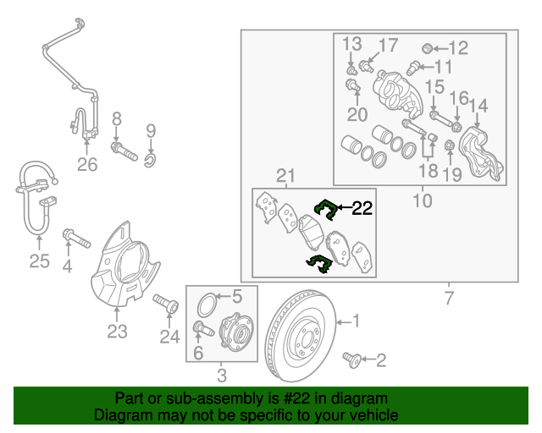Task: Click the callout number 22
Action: pos(362,209)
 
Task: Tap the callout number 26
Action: pos(88,165)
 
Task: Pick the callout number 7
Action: pos(448,298)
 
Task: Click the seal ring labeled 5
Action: pos(207,300)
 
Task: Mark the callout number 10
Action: pos(422,200)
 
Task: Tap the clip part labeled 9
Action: pos(150,155)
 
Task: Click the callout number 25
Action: pos(40,261)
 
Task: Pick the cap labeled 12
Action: pos(429,47)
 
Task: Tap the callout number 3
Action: pos(221,375)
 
